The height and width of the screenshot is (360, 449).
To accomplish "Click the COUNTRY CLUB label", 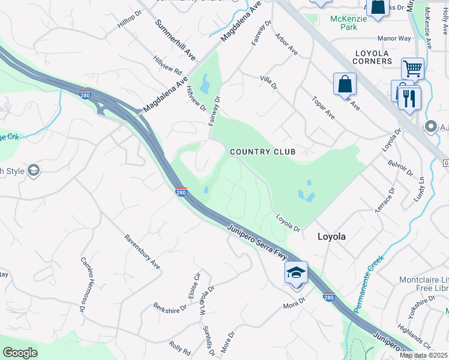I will click(x=263, y=152).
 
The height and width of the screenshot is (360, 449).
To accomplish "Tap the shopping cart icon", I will click(x=412, y=68).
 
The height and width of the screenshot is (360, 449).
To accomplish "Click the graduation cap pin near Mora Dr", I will click(x=297, y=273).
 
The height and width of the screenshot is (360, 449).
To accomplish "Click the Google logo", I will click(x=20, y=353).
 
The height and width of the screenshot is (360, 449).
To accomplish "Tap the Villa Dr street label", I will click(x=268, y=82).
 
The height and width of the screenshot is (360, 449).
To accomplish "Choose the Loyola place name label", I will click(x=331, y=236).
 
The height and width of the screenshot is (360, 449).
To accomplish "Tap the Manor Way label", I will click(x=394, y=38).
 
